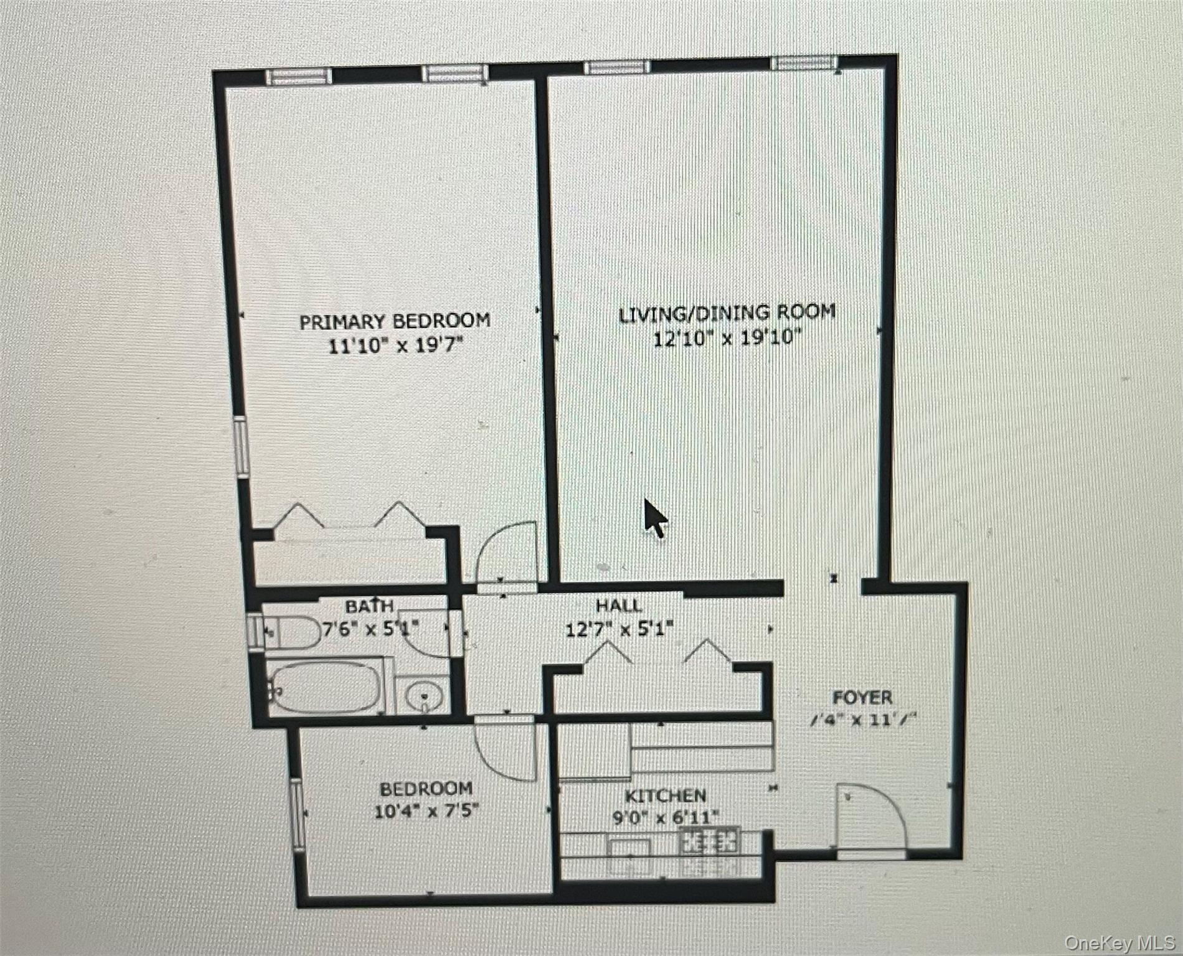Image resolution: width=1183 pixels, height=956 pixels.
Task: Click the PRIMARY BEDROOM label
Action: click(x=395, y=321)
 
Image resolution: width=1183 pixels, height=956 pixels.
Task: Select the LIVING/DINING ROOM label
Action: click(x=727, y=312)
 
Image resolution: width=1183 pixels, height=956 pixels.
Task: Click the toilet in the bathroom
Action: click(x=290, y=632)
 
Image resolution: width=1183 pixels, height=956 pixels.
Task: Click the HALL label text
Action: click(x=618, y=605)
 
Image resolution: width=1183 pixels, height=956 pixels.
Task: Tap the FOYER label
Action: click(x=862, y=697)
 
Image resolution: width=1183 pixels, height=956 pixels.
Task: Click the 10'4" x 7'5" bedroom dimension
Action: click(x=427, y=812)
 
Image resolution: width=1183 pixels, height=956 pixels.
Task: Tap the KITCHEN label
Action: click(x=665, y=796)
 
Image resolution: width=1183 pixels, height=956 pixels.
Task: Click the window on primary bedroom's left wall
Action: click(x=242, y=448)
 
